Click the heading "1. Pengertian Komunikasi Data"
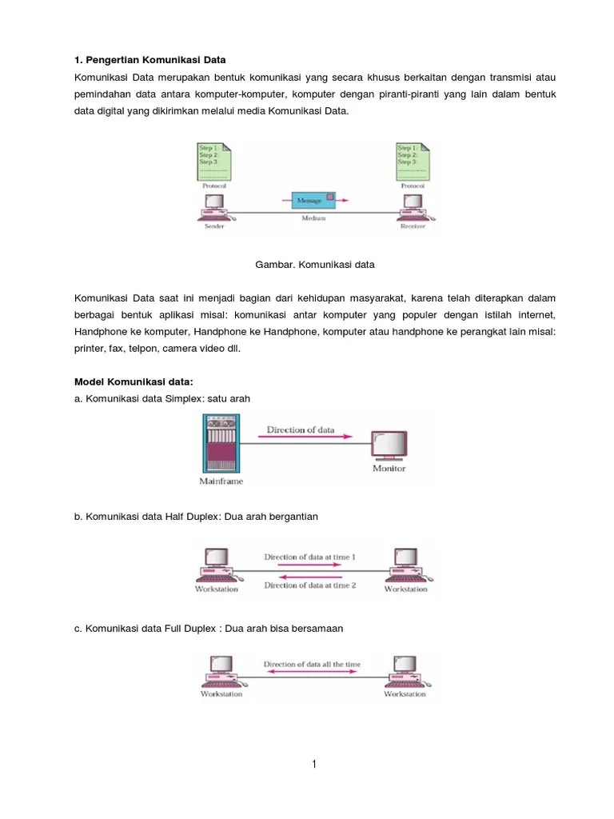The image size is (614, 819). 150,60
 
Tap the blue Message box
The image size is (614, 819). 311,200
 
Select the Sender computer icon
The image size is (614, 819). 213,206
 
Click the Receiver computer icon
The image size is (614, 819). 413,206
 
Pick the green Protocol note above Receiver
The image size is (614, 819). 413,161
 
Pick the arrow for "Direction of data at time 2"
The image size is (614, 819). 310,577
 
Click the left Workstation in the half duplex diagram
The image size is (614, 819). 217,565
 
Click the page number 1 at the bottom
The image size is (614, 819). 314,765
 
